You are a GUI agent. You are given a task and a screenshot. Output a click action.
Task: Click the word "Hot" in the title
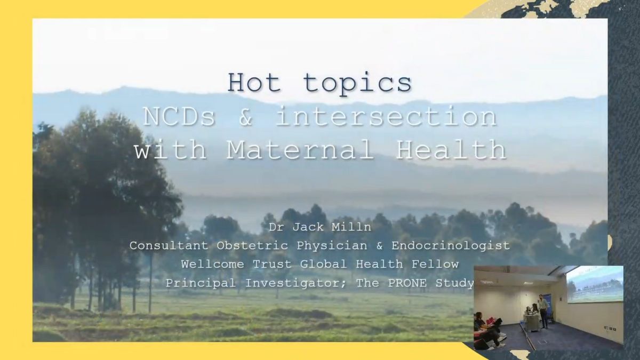[254, 83]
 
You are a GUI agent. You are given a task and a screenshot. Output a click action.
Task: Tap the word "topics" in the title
[357, 84]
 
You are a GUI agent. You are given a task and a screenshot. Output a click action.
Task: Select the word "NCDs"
[179, 117]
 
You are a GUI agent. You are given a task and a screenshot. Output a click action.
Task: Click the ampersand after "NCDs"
[245, 117]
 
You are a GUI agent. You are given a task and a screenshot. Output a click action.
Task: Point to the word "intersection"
[386, 116]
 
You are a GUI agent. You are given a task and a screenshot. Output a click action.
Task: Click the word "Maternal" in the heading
[300, 150]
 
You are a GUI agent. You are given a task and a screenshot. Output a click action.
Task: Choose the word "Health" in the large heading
[451, 149]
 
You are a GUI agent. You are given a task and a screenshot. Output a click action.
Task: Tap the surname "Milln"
[351, 227]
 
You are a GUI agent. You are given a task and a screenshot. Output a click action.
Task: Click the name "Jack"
[308, 227]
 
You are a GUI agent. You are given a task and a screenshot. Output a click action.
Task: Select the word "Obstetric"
[252, 245]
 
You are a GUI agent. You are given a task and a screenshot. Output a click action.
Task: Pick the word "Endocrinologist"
[451, 246]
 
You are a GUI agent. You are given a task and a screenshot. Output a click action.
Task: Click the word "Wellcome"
[212, 264]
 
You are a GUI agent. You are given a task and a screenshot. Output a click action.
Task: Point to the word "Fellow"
[435, 264]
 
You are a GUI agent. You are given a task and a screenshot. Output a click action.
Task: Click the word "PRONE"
[407, 283]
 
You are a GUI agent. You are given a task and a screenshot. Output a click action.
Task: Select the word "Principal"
[201, 283]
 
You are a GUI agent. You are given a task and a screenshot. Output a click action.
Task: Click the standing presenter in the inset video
[543, 311]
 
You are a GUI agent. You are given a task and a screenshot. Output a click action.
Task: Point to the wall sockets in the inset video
[610, 329]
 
